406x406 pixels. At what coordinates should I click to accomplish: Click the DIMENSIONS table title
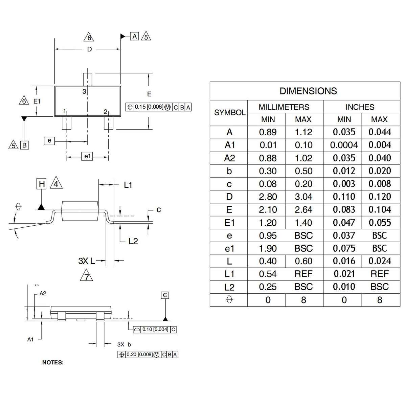click(308, 91)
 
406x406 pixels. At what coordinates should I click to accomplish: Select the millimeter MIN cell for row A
click(268, 132)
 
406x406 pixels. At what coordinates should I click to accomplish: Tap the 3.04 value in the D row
click(303, 197)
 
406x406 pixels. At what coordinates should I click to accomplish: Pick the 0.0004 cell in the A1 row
click(344, 145)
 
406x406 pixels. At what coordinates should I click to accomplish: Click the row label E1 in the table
click(229, 223)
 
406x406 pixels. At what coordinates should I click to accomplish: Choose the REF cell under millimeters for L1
click(303, 274)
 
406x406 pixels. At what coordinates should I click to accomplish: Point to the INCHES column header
click(360, 107)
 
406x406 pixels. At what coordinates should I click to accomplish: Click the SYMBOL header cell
click(230, 113)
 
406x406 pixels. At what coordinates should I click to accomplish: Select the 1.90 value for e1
click(268, 248)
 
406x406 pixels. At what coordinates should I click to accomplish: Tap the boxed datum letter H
click(42, 184)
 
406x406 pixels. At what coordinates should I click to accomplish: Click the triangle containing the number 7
click(86, 275)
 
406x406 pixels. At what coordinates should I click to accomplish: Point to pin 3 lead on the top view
click(87, 79)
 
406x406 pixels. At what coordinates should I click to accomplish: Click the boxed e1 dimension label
click(87, 156)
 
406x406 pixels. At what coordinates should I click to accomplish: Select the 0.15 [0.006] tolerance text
click(149, 107)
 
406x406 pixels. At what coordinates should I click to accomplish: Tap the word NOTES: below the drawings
click(53, 362)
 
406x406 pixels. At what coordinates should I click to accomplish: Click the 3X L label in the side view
click(87, 261)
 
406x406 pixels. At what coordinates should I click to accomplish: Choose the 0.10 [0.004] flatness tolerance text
click(155, 329)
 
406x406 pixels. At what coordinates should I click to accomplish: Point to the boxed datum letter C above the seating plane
click(165, 295)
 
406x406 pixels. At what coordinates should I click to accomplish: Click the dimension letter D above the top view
click(89, 49)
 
